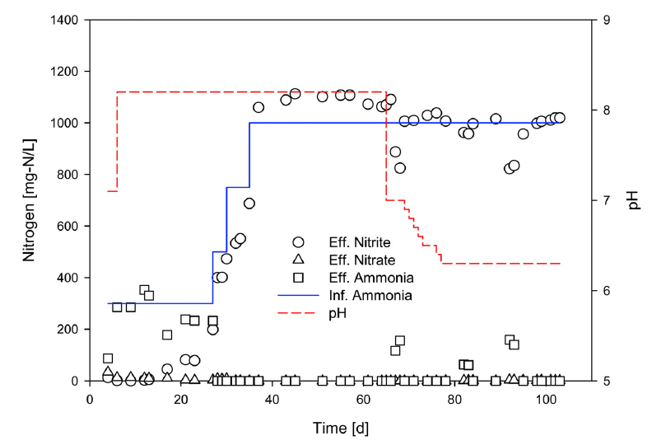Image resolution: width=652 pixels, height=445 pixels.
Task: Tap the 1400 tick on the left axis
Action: [64, 20]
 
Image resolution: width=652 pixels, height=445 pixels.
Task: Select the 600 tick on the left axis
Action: [68, 226]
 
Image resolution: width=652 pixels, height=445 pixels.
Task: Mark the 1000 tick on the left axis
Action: [64, 123]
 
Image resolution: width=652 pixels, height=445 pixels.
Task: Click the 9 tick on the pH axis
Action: [606, 20]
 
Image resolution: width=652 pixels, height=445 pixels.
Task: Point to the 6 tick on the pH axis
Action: [606, 291]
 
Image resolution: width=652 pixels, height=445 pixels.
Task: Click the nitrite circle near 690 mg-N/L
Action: [249, 203]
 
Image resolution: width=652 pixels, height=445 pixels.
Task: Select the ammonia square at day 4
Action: [108, 358]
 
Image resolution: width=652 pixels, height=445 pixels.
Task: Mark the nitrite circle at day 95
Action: [523, 133]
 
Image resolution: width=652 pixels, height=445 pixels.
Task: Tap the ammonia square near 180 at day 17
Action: [167, 335]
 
